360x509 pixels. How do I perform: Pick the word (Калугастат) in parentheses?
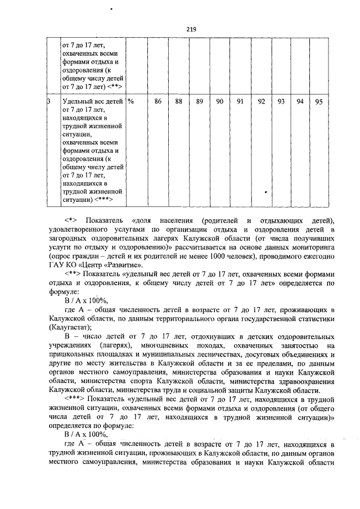(70, 326)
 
